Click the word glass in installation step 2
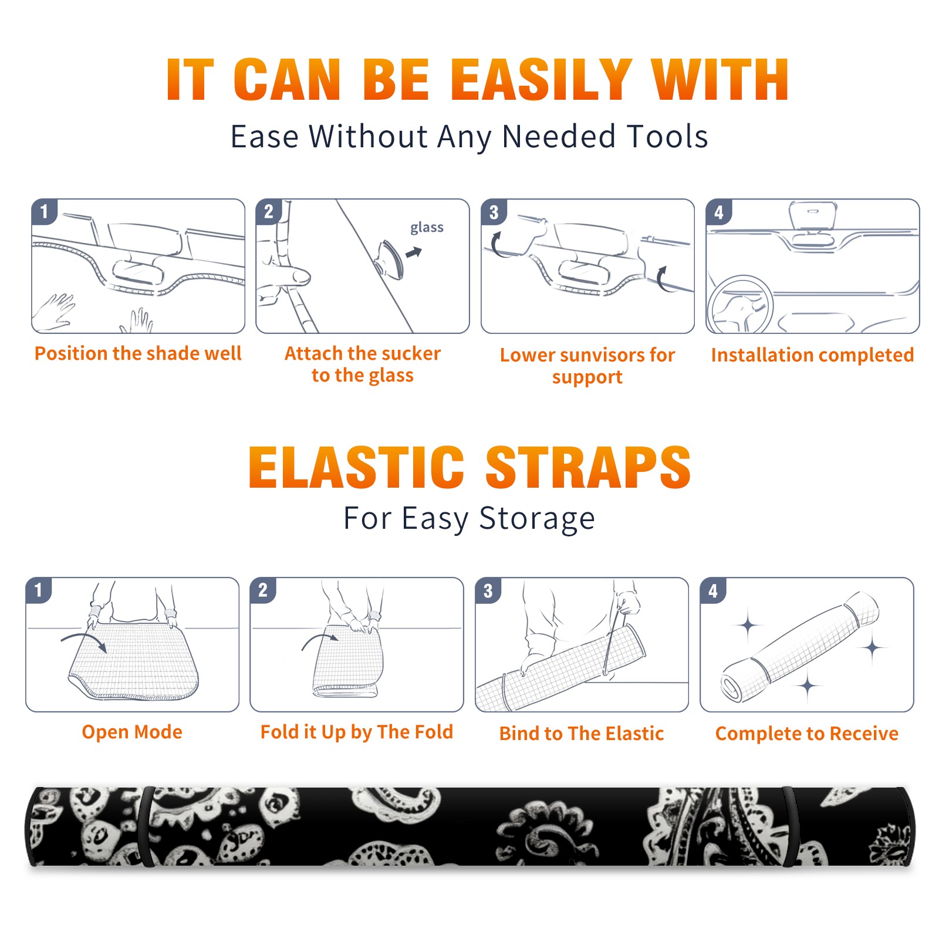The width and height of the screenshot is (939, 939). (427, 228)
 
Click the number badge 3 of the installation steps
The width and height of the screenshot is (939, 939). (494, 212)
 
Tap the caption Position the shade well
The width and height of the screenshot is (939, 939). (138, 353)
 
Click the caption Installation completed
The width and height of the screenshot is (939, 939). (812, 354)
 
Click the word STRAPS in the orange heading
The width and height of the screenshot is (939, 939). (588, 467)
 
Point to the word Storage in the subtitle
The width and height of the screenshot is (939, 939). (537, 519)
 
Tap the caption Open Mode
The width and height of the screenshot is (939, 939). (132, 732)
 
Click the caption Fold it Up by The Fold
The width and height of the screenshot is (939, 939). (357, 732)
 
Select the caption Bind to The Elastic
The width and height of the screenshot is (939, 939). (582, 733)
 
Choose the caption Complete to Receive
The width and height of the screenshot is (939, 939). (807, 733)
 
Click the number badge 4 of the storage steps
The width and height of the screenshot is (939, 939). (712, 590)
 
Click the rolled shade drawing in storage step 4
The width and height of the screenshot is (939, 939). (800, 647)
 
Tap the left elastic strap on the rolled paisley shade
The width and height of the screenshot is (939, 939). (146, 827)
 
